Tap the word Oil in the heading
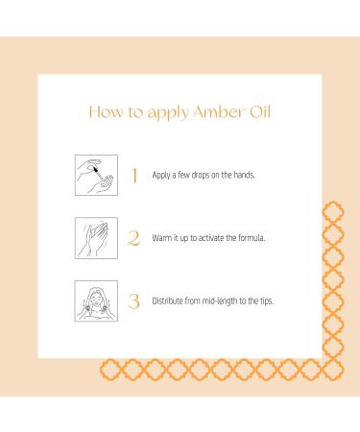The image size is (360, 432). tap(256, 111)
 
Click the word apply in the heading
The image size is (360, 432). tap(159, 112)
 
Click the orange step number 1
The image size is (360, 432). tap(134, 175)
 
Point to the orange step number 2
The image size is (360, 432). tap(134, 237)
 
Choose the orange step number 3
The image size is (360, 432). tap(134, 300)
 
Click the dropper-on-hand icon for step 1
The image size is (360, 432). tap(96, 175)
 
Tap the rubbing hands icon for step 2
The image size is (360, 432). tap(96, 237)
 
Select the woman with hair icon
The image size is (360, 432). tap(96, 300)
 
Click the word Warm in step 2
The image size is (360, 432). tap(162, 238)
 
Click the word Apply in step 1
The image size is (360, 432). tap(162, 176)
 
